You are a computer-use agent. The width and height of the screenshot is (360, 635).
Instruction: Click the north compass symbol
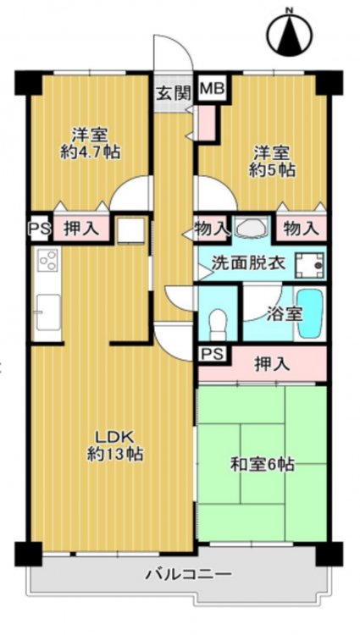tap(290, 33)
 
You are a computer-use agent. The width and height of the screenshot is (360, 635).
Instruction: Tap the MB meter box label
tap(213, 88)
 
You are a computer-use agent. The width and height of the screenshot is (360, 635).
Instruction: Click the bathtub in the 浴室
tap(310, 313)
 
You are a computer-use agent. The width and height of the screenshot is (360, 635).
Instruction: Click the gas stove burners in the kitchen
tap(47, 260)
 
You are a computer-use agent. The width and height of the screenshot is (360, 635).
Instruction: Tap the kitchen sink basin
tap(48, 312)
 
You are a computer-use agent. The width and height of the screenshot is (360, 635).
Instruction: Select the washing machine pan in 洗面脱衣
tap(310, 266)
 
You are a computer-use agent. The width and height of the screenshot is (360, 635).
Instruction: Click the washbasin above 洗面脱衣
tap(252, 227)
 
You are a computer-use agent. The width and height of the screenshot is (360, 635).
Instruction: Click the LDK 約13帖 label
tap(115, 445)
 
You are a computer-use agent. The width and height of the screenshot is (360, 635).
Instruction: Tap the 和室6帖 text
tap(262, 465)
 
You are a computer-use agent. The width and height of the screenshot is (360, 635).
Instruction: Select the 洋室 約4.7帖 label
tap(90, 143)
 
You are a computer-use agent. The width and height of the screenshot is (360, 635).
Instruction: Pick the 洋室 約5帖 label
tap(272, 162)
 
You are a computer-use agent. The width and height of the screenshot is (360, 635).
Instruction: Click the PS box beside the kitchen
tap(39, 229)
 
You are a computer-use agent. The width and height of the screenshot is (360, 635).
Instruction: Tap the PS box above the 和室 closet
tap(213, 355)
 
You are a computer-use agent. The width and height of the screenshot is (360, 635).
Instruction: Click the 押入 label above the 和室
tap(272, 365)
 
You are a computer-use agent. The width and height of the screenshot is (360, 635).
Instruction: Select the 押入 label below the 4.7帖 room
tap(81, 229)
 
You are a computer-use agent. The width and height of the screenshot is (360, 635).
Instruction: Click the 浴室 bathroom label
tap(285, 315)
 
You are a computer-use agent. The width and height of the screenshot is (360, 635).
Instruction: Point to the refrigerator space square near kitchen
tap(130, 231)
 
